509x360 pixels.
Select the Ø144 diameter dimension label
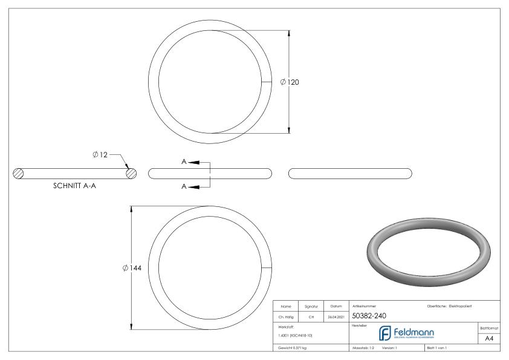[x=131, y=268]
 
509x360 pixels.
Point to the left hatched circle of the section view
[x=19, y=173]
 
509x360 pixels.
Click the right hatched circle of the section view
[x=131, y=173]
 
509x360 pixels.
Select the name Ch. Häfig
[x=288, y=316]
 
